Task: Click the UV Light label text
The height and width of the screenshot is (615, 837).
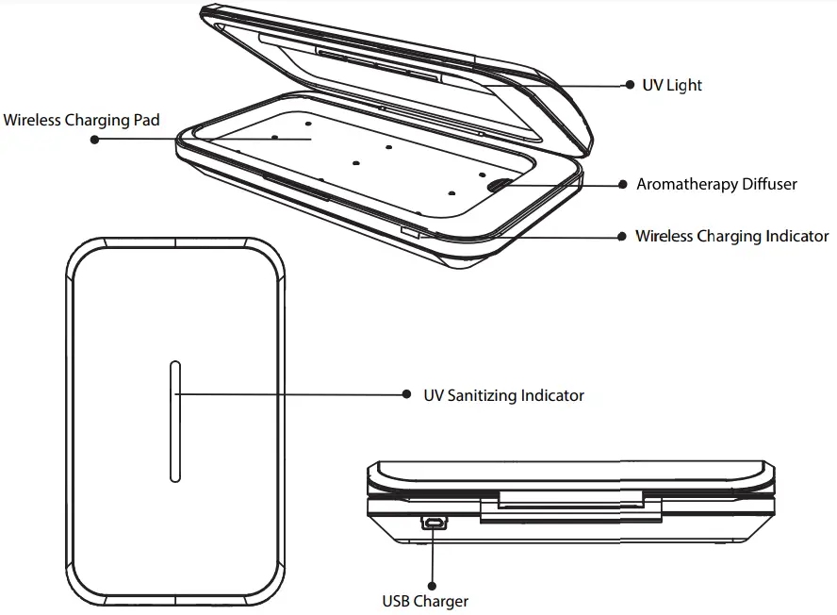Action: [672, 85]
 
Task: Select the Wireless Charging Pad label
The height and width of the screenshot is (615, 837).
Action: [82, 120]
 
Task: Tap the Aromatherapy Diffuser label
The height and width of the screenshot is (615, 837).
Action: [716, 184]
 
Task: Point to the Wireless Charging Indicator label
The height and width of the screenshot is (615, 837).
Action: [731, 236]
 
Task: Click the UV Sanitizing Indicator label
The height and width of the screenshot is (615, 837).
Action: [503, 395]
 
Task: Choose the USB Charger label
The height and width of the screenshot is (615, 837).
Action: [424, 600]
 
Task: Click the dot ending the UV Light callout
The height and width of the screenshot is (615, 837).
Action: [630, 85]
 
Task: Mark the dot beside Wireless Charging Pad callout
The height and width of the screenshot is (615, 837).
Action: [94, 139]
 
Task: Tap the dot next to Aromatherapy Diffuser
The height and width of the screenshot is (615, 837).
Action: [622, 185]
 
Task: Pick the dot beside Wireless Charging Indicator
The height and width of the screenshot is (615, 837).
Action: [621, 236]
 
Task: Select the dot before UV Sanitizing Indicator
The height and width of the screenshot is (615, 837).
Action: [406, 395]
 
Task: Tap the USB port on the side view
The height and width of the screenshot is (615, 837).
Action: [434, 522]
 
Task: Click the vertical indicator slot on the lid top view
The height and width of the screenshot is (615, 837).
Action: [174, 421]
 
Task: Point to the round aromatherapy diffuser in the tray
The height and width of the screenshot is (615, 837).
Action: [501, 186]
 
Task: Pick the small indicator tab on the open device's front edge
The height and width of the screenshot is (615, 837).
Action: [411, 230]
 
